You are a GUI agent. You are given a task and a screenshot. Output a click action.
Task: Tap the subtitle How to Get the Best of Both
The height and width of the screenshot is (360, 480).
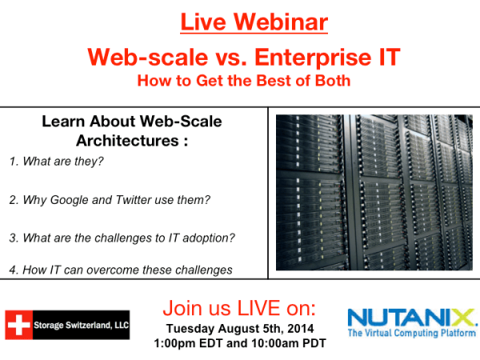pyautogui.click(x=242, y=81)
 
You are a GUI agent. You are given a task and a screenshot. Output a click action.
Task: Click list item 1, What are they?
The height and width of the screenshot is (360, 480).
pyautogui.click(x=57, y=162)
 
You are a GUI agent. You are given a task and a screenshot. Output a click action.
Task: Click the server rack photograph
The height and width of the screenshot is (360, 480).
pyautogui.click(x=374, y=193)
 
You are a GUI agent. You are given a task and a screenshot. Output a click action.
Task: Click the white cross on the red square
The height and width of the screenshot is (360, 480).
pyautogui.click(x=18, y=324)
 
